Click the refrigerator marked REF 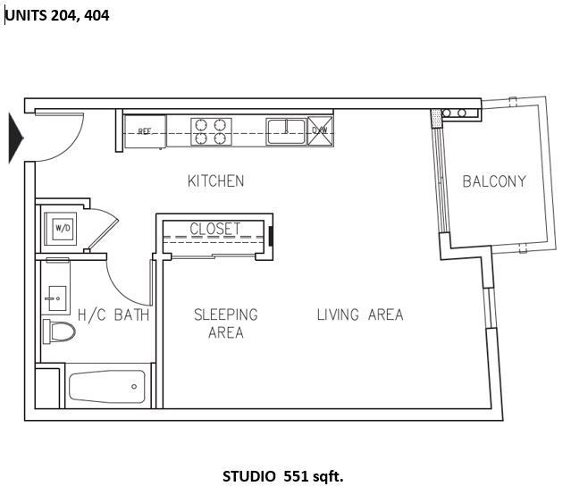click(x=145, y=131)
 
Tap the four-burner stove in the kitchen click(x=212, y=131)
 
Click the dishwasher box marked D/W click(x=319, y=130)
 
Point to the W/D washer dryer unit click(x=62, y=228)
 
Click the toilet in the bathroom click(x=60, y=331)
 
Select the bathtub click(x=107, y=387)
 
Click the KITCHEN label click(x=215, y=181)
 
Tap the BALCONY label click(x=494, y=181)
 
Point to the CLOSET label click(x=214, y=229)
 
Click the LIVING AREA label click(x=359, y=314)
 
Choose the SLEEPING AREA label click(x=226, y=323)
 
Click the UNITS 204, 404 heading click(x=57, y=15)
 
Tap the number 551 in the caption click(x=295, y=476)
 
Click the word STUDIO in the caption click(x=248, y=476)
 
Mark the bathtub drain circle click(x=134, y=387)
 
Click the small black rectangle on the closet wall click(x=271, y=236)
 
